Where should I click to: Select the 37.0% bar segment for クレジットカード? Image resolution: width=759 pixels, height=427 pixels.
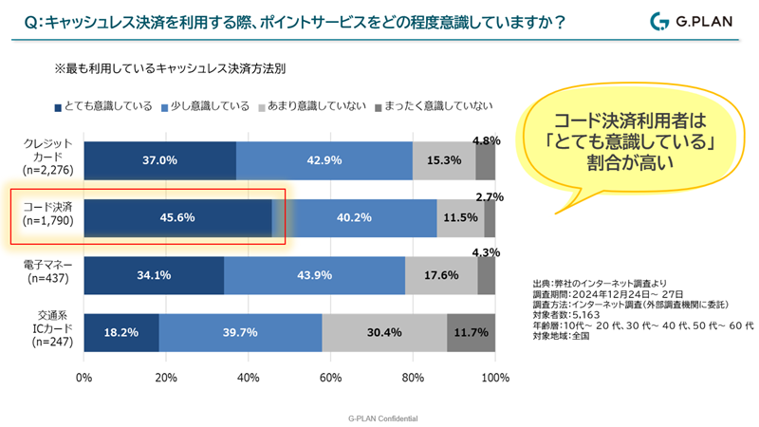[159, 160]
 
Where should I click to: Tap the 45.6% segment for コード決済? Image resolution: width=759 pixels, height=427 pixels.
[178, 217]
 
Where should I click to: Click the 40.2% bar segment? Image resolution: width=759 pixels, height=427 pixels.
[354, 217]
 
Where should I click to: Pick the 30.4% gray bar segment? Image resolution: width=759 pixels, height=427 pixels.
[384, 332]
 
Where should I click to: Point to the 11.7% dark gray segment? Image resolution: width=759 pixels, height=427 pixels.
[471, 332]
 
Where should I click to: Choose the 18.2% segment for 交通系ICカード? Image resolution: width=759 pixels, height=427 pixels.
[121, 332]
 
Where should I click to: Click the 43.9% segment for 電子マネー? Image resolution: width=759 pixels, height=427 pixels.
[314, 275]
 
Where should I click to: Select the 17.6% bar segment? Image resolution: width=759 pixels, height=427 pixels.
[441, 275]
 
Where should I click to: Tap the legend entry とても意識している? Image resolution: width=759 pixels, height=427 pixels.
[104, 105]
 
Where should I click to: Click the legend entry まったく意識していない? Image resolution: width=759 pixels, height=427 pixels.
[435, 105]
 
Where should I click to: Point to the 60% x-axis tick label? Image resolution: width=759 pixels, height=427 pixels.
[330, 379]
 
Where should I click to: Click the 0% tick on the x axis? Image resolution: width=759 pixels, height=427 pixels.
[83, 379]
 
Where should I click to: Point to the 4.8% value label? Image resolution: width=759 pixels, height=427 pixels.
[486, 140]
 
